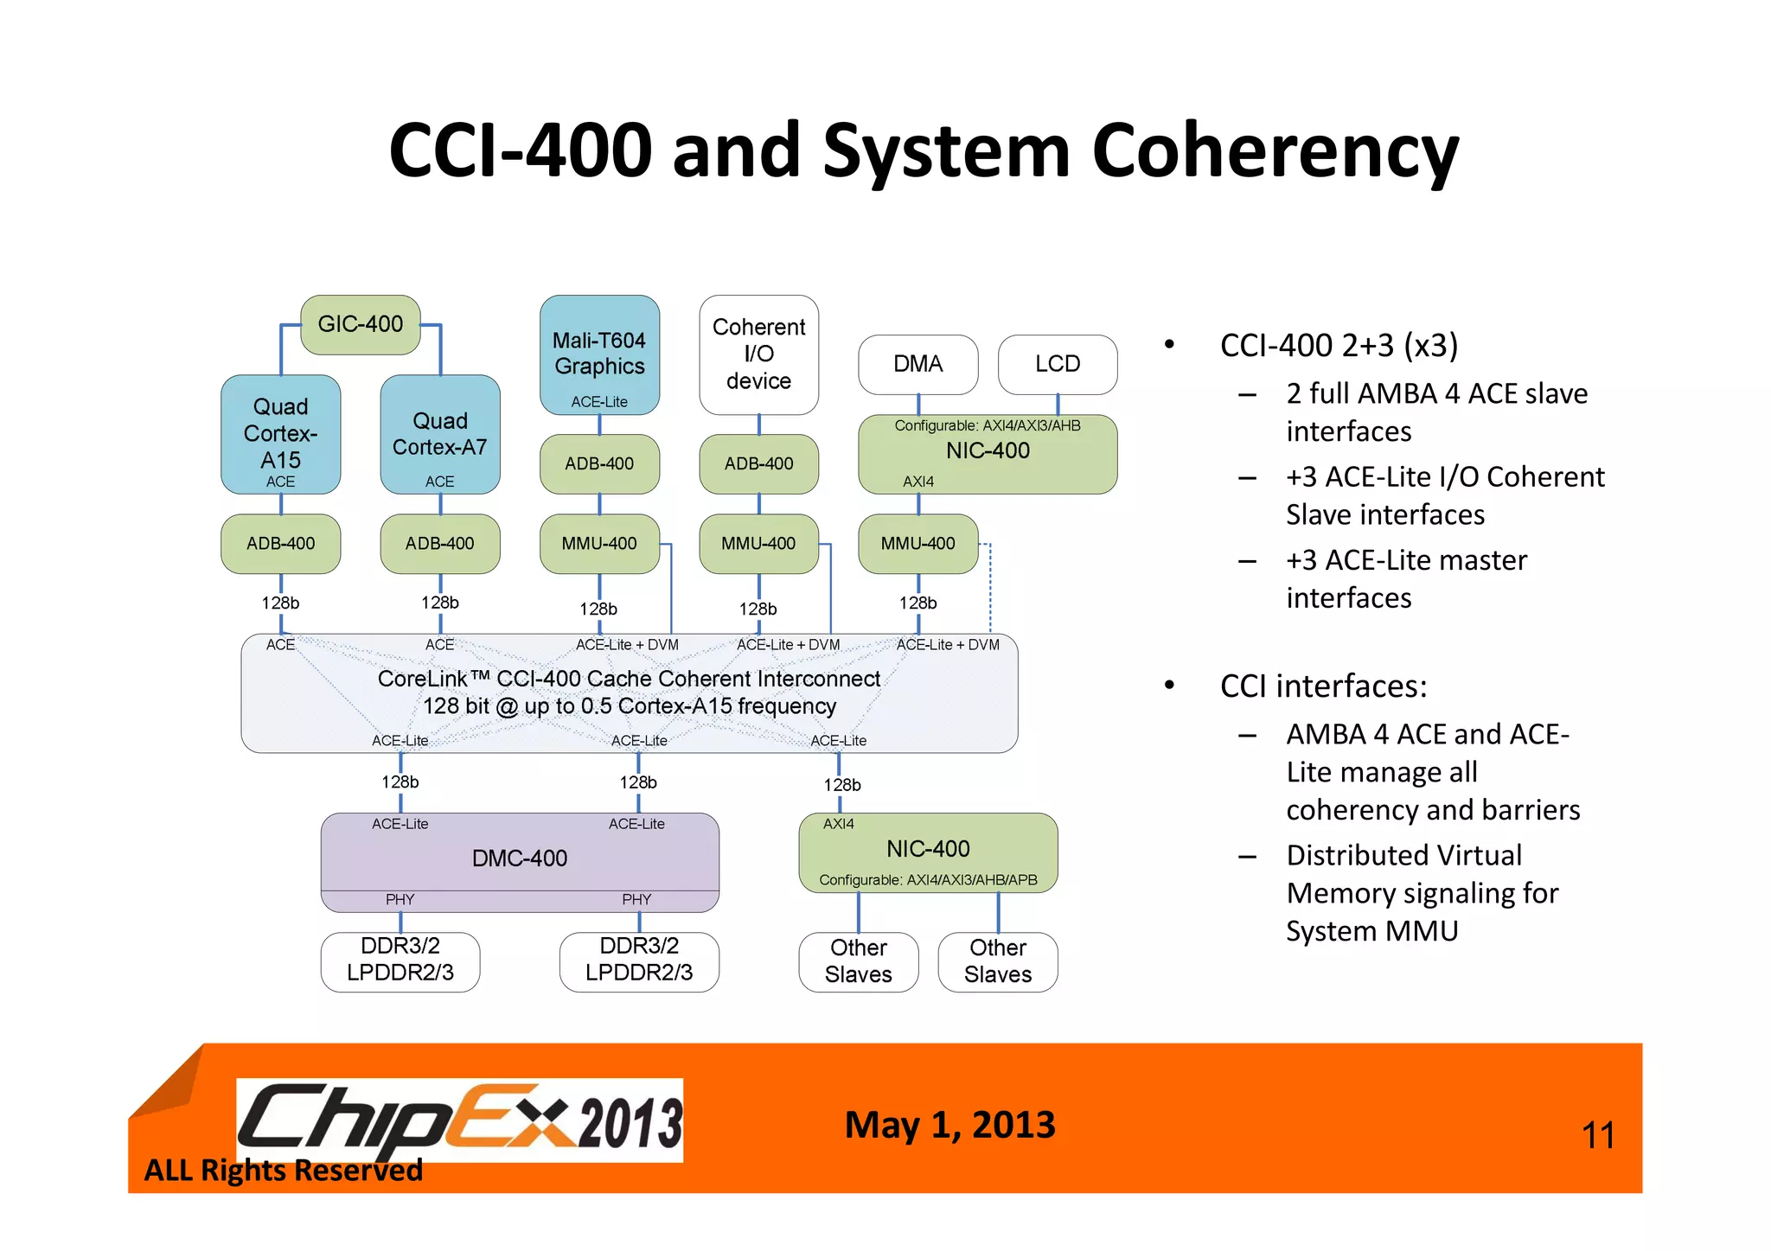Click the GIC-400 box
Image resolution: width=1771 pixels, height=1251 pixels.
coord(361,324)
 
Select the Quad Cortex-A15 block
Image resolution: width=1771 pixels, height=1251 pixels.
coord(280,434)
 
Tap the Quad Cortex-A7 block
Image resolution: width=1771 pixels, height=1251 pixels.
coord(439,434)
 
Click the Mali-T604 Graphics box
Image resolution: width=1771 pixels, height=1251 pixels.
coord(599,354)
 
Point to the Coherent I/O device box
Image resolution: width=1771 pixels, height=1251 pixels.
coord(758,354)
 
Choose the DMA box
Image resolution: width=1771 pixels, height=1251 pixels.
coord(917,364)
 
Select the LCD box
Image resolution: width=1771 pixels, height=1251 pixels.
coord(1057,364)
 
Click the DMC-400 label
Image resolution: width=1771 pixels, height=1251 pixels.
coord(520,858)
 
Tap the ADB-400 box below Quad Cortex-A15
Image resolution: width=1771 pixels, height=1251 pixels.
coord(280,544)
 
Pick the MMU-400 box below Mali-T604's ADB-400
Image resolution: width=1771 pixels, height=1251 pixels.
coord(599,544)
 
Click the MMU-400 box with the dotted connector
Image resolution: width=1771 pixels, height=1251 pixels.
coord(917,544)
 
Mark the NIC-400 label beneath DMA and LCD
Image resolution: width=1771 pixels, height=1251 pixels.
coord(988,450)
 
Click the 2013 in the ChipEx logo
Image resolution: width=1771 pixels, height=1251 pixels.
coord(630,1122)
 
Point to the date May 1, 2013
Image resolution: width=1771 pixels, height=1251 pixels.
coord(949,1125)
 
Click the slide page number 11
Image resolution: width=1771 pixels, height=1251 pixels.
coord(1597,1135)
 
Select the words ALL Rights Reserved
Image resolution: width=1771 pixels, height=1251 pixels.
coord(283,1171)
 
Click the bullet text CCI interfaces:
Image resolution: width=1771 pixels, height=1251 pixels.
coord(1323,686)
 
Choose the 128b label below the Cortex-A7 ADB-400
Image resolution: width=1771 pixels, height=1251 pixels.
coord(439,603)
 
